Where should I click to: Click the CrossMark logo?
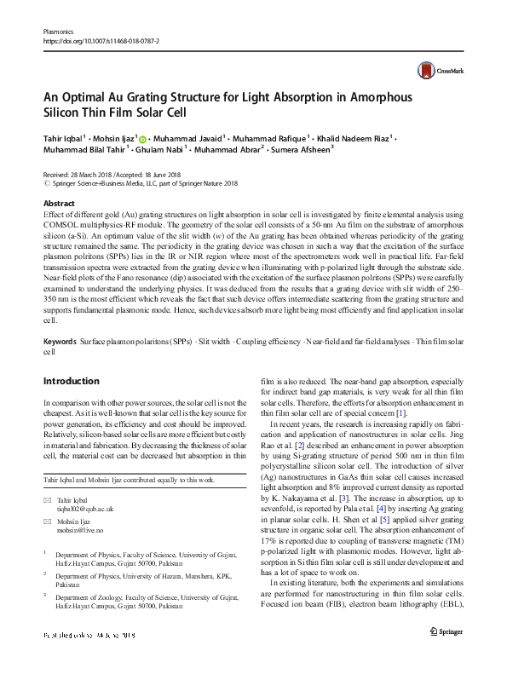[x=433, y=70]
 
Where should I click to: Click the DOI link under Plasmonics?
[x=102, y=40]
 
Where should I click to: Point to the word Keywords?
[x=60, y=342]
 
